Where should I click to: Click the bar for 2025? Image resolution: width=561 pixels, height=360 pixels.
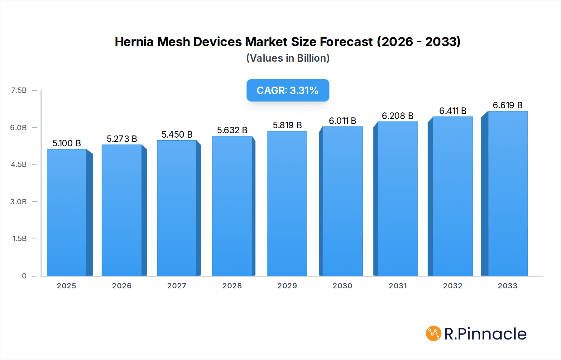click(x=67, y=212)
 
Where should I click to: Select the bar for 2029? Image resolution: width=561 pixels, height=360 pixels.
click(x=287, y=203)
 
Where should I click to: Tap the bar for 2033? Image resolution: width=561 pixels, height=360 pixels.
click(x=508, y=193)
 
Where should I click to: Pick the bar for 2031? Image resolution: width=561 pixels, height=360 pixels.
click(x=397, y=199)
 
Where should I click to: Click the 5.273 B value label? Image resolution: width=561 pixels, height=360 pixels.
click(x=122, y=139)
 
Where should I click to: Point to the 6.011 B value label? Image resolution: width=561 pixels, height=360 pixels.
click(x=342, y=121)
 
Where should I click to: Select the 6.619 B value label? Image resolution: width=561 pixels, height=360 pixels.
click(x=507, y=105)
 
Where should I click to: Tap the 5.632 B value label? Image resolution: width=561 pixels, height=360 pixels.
click(x=232, y=130)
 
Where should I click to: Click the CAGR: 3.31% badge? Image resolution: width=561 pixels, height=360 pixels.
click(x=288, y=90)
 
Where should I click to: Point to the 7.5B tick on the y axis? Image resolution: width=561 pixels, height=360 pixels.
click(x=19, y=90)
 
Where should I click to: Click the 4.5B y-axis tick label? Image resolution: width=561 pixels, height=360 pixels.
click(x=19, y=164)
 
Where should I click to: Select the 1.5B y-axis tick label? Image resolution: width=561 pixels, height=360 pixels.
click(x=19, y=239)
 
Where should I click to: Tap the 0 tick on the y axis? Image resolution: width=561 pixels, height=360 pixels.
click(x=24, y=276)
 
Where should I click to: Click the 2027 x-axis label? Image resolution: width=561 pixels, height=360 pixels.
click(x=177, y=286)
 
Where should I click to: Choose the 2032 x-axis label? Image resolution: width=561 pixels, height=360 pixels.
click(x=453, y=286)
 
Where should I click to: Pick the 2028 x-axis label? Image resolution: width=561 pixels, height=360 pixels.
click(x=232, y=286)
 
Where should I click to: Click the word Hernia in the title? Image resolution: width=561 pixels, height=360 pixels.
click(x=134, y=42)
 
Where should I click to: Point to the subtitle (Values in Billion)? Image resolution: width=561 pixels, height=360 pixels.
click(x=288, y=58)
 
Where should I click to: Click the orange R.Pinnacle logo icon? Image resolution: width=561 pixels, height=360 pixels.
click(x=433, y=334)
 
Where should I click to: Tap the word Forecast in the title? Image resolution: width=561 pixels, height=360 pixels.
click(x=346, y=42)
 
